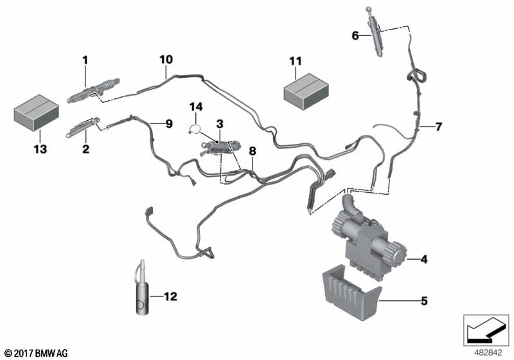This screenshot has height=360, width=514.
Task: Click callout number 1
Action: tap(84, 60)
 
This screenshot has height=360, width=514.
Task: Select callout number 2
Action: tap(84, 148)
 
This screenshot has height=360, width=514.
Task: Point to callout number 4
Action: tap(423, 260)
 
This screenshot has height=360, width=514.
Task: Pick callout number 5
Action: tap(423, 300)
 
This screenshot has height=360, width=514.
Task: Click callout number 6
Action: tap(355, 36)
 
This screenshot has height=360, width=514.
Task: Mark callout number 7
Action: tap(439, 127)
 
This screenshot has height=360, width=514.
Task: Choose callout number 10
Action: tap(166, 60)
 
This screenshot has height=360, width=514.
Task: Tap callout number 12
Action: tap(170, 296)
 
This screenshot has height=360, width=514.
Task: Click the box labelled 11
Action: tap(306, 88)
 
